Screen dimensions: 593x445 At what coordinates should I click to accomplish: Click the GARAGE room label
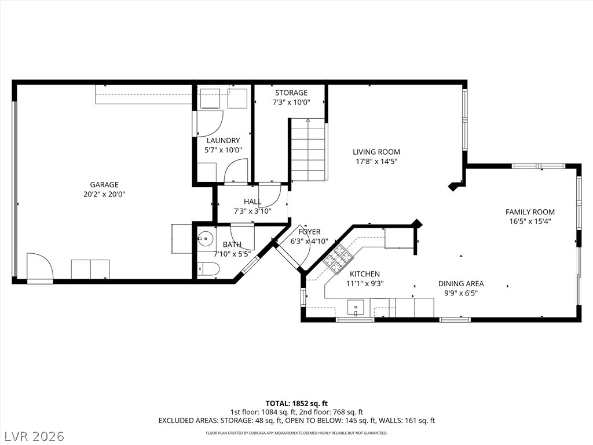(x=104, y=185)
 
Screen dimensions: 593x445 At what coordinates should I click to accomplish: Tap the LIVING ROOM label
(x=376, y=152)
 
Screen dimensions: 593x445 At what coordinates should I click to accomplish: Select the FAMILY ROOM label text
(x=530, y=212)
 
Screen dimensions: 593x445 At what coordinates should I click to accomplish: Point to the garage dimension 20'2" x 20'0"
(x=104, y=195)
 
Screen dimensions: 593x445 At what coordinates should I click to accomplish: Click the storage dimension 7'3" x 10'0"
(x=291, y=102)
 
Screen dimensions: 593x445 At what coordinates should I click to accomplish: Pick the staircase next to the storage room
(x=308, y=149)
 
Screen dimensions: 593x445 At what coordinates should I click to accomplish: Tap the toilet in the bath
(x=208, y=269)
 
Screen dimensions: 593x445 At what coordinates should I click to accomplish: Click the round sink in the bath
(x=206, y=238)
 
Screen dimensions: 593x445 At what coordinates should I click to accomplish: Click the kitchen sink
(x=356, y=307)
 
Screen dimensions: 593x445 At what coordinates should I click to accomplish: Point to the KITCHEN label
(x=365, y=274)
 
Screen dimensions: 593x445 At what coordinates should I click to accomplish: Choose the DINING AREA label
(x=461, y=283)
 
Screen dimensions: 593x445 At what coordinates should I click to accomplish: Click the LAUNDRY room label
(x=223, y=140)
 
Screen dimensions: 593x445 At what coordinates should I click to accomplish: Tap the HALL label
(x=252, y=202)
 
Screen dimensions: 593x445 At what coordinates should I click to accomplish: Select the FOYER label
(x=309, y=232)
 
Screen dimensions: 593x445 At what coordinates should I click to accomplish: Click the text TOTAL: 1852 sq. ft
(x=296, y=403)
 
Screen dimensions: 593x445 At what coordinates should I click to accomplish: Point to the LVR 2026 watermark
(x=33, y=436)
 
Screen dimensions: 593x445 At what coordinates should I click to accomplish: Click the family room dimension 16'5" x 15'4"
(x=530, y=222)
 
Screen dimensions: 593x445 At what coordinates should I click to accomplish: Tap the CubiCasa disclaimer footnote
(x=296, y=433)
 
